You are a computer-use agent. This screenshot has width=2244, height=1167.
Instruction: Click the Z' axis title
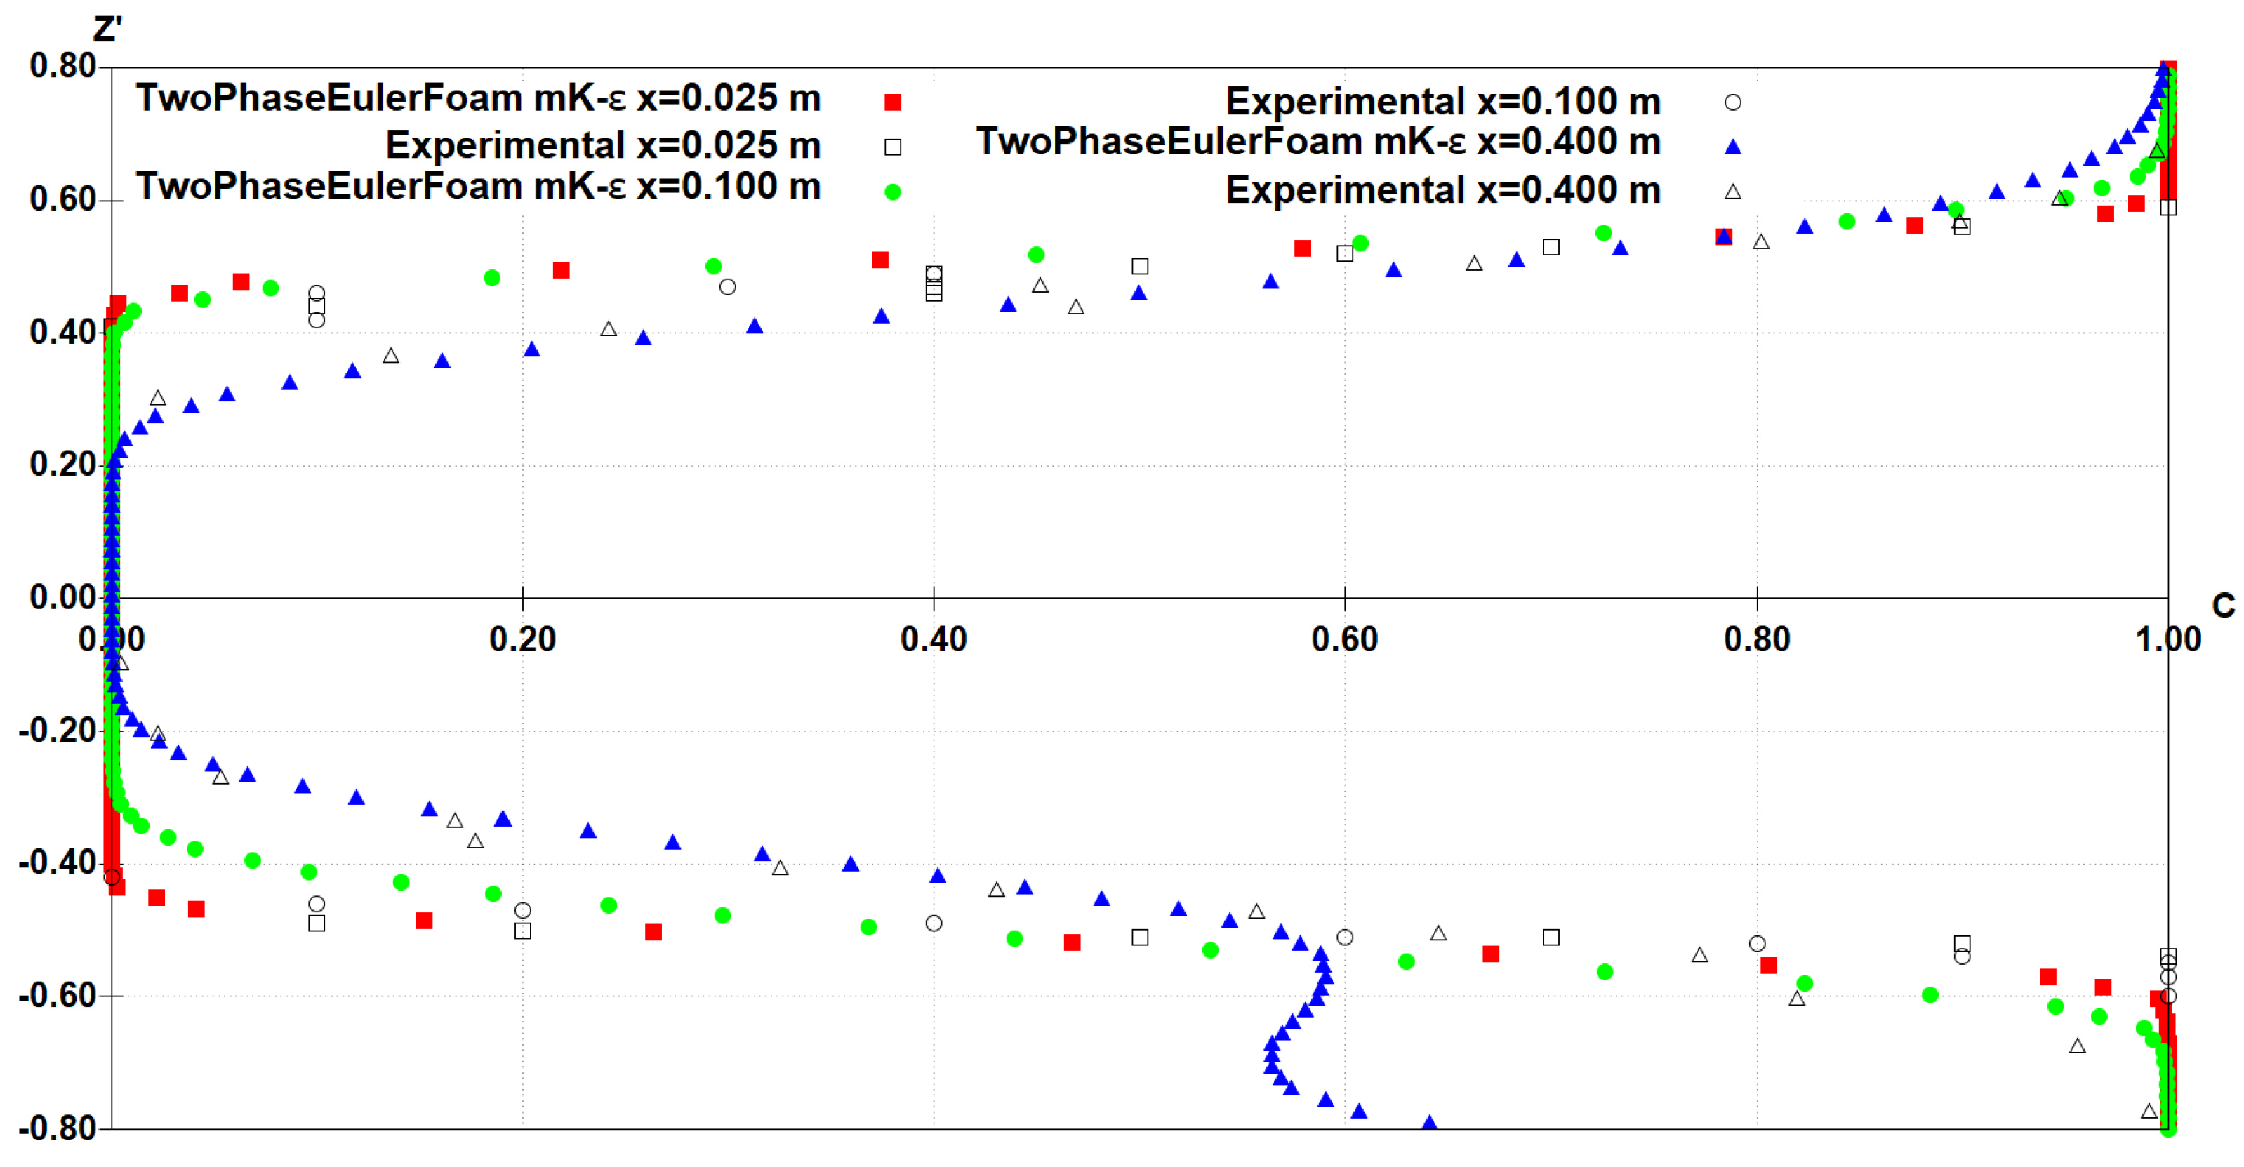pos(107,30)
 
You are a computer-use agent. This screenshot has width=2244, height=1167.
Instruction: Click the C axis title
pos(2222,606)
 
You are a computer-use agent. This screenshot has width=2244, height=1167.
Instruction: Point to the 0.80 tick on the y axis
pos(62,66)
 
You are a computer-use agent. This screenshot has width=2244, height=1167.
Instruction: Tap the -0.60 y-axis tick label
pos(57,996)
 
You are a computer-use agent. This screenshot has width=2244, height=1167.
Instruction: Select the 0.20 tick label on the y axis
pos(62,464)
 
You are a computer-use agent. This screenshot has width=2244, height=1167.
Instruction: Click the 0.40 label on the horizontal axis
pos(933,640)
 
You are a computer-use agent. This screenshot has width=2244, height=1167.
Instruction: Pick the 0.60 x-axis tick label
pos(1344,640)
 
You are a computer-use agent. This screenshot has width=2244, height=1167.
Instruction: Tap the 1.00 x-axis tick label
pos(2167,640)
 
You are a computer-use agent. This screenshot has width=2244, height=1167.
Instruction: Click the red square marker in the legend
pos(892,102)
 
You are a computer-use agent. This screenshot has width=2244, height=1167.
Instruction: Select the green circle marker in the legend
pos(892,192)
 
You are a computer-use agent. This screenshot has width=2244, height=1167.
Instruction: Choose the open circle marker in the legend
pos(1732,102)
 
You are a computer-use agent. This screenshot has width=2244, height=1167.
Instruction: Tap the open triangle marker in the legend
pos(1732,192)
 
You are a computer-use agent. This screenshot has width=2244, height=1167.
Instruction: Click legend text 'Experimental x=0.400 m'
pos(1442,191)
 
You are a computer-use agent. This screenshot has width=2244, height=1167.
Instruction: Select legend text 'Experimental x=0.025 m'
pos(603,145)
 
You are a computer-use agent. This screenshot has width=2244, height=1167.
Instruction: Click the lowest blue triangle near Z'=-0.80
pos(1428,1123)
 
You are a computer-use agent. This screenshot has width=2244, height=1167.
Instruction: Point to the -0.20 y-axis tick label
pos(57,730)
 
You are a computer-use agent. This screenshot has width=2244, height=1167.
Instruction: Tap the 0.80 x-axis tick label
pos(1756,640)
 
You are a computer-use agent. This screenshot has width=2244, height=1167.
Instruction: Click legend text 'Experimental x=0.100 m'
pos(1442,102)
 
